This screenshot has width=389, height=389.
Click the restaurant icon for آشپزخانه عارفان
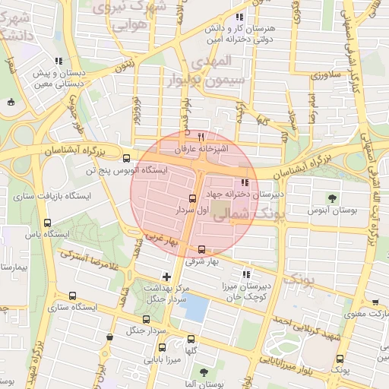point(201,137)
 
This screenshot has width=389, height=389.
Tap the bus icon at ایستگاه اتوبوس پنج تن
point(126,159)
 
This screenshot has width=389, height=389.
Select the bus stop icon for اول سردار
point(192,197)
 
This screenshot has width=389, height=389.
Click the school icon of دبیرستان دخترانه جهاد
point(244,182)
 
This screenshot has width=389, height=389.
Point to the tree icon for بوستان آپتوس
point(331,198)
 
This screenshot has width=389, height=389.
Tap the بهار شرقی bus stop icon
point(201,249)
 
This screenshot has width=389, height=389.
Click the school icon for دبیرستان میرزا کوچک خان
point(245,274)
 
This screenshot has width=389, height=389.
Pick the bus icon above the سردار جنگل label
point(147,319)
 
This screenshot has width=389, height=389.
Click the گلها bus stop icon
point(191,339)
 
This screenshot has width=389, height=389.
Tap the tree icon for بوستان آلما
point(203,372)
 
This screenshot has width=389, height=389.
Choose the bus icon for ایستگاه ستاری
point(72,296)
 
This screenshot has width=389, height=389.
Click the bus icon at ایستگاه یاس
point(48,223)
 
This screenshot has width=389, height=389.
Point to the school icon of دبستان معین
point(59,62)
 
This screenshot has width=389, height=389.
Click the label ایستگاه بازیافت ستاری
point(52,196)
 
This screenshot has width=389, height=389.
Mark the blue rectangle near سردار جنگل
point(196,308)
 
